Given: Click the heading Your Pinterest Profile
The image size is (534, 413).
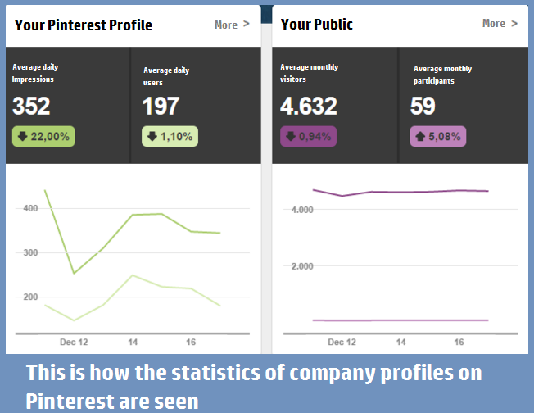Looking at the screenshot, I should (84, 25).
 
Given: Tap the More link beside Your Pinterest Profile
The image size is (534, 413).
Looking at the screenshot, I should (231, 25).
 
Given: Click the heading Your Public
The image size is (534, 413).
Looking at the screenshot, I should (316, 24).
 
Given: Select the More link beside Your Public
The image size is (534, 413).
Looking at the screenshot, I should (500, 24).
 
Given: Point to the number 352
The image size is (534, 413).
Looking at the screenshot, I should (31, 106).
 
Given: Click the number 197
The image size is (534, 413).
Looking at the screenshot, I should (161, 107).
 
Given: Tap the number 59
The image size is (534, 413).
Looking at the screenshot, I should (423, 106).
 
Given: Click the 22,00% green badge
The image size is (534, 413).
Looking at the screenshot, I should (43, 136).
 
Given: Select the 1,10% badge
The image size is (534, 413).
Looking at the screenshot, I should (170, 137).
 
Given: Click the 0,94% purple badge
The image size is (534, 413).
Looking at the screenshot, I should (308, 137).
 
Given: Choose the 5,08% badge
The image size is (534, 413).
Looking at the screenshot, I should (437, 137).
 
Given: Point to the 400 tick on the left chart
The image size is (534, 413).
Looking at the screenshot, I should (31, 209).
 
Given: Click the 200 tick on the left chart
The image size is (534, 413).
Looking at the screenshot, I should (31, 297).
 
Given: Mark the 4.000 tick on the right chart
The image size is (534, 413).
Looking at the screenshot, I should (303, 210).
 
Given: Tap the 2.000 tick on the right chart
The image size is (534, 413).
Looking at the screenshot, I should (303, 266).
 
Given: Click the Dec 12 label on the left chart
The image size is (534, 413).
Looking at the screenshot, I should (75, 341).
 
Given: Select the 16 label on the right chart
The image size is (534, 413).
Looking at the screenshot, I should (459, 341).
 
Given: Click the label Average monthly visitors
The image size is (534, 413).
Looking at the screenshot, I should (309, 74).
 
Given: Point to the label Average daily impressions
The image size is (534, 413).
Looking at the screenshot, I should (35, 73).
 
